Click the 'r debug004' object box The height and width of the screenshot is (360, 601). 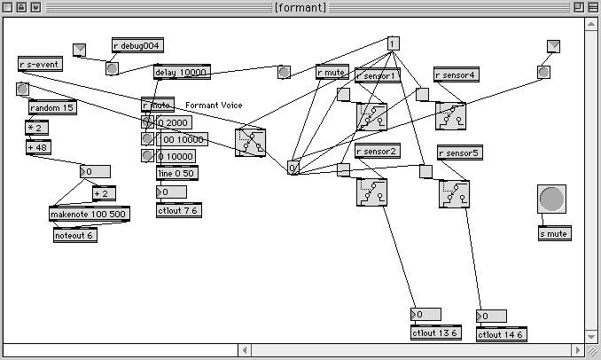[x=137, y=45]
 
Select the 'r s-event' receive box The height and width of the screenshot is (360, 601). [x=40, y=63]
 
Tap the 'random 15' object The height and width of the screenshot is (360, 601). [x=51, y=108]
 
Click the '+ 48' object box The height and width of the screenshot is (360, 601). [x=39, y=147]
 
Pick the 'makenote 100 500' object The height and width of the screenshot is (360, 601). [x=88, y=214]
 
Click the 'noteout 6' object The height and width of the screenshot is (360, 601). [x=74, y=236]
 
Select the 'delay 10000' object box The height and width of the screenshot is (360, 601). [x=181, y=72]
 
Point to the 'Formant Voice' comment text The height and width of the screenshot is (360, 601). [x=214, y=106]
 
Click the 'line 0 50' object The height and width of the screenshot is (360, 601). [x=177, y=173]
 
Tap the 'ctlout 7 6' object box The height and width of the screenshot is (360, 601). [x=179, y=211]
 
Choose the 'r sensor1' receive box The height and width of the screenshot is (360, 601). [x=377, y=75]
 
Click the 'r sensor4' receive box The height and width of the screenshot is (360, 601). [x=456, y=75]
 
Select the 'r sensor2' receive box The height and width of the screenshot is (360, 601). [x=377, y=152]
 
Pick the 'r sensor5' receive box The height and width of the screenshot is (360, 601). [x=459, y=153]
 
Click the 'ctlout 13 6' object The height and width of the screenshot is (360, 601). [x=434, y=333]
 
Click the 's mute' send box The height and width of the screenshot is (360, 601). [x=555, y=234]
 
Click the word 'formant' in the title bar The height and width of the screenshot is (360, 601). [x=300, y=7]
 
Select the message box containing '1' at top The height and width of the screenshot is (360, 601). [x=394, y=43]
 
